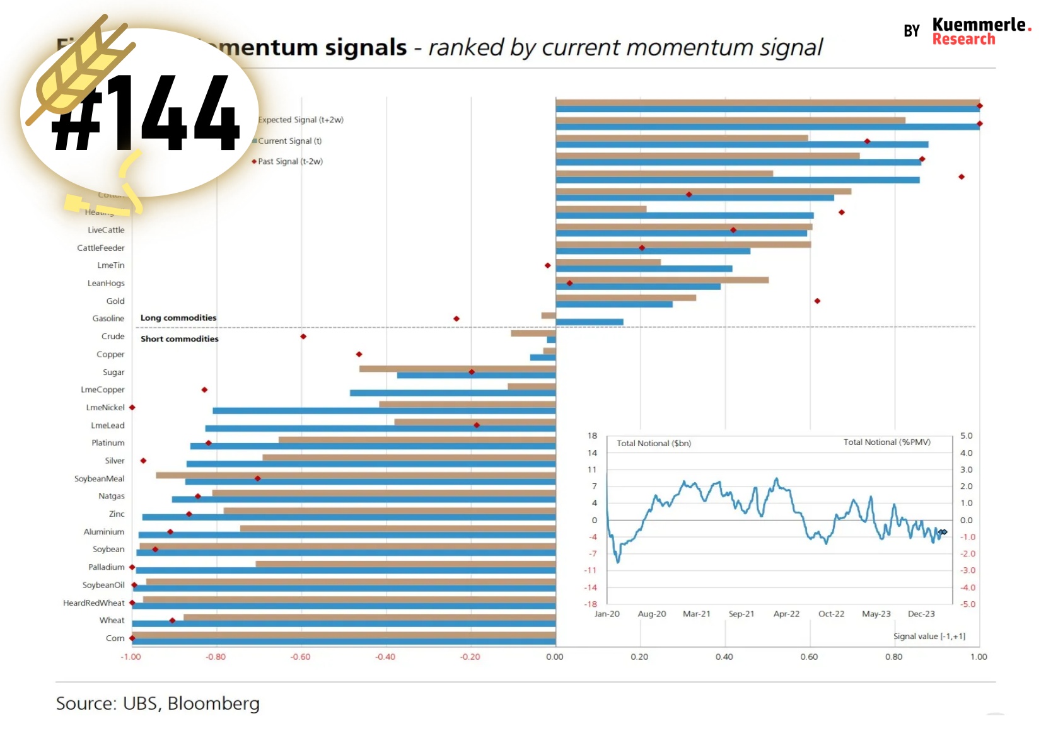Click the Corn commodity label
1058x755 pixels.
point(115,638)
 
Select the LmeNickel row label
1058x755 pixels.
point(105,408)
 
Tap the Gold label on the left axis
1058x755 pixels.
point(115,301)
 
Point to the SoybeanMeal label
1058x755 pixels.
point(100,479)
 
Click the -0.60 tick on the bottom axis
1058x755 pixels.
point(300,657)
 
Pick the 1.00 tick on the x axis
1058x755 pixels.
point(979,657)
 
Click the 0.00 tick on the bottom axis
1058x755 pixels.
point(555,657)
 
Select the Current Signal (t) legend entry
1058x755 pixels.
point(289,141)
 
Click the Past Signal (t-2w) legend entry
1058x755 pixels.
point(290,161)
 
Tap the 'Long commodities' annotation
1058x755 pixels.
point(178,318)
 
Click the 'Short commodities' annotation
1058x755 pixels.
point(180,339)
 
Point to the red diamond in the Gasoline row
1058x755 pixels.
point(456,319)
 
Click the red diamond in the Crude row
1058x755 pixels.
point(303,337)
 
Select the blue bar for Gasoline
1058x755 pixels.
point(590,322)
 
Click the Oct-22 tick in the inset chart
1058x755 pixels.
point(831,614)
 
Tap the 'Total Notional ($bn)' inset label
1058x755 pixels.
point(654,444)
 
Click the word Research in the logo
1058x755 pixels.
point(963,39)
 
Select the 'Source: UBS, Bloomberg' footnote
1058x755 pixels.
point(158,703)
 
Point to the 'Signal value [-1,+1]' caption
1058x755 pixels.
point(929,637)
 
